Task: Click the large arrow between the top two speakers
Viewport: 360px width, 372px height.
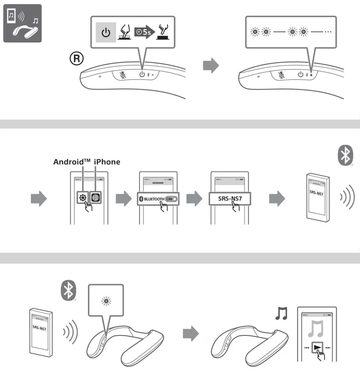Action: pos(210,66)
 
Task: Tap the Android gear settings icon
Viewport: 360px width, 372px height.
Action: pos(82,198)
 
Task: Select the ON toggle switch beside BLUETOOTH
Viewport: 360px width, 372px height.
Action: pos(171,199)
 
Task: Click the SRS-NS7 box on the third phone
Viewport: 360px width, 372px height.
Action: pos(229,199)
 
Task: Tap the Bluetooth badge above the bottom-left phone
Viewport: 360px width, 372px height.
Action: pos(68,290)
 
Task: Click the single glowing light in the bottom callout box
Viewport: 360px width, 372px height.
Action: pos(106,301)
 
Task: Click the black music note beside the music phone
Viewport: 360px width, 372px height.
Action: pos(282,313)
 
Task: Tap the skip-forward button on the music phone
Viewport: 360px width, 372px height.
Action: pos(328,347)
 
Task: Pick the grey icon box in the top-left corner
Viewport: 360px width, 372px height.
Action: pos(22,23)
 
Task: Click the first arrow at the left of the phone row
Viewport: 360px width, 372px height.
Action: pos(39,199)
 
